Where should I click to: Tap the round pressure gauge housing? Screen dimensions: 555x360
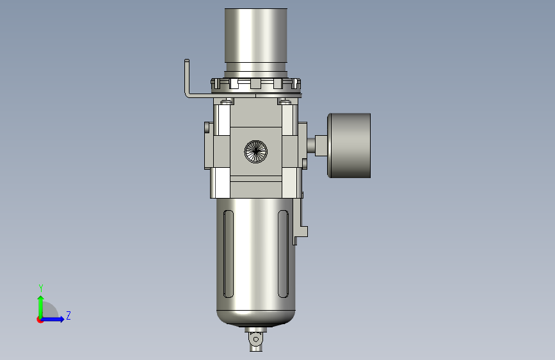coord(349,145)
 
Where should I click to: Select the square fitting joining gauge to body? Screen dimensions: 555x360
coord(321,145)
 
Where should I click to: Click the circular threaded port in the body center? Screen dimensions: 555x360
coord(256,152)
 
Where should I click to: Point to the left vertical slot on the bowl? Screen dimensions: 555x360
coord(229,254)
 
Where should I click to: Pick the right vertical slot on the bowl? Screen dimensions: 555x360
coord(283,254)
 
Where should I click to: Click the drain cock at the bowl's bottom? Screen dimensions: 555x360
coord(256,339)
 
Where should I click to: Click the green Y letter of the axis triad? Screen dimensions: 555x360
coord(41,288)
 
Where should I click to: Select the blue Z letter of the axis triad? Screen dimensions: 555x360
coord(68,315)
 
